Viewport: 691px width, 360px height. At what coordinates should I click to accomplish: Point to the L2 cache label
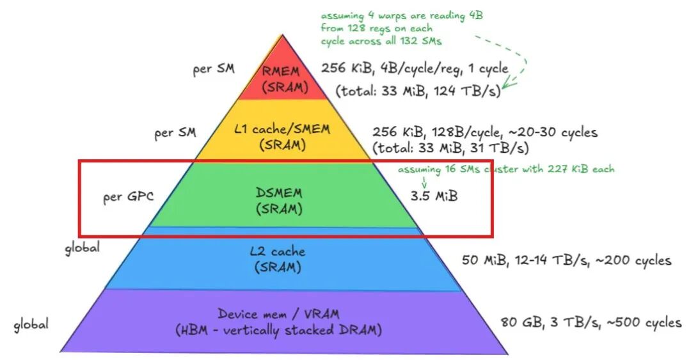(278, 252)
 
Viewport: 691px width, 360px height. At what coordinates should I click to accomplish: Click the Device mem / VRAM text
(278, 315)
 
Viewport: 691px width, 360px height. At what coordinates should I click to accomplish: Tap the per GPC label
(128, 196)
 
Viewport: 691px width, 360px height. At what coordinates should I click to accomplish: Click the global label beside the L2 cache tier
(82, 247)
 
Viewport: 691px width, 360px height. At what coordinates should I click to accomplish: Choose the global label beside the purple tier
(31, 324)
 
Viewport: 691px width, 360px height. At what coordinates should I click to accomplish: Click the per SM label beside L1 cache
(175, 134)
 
